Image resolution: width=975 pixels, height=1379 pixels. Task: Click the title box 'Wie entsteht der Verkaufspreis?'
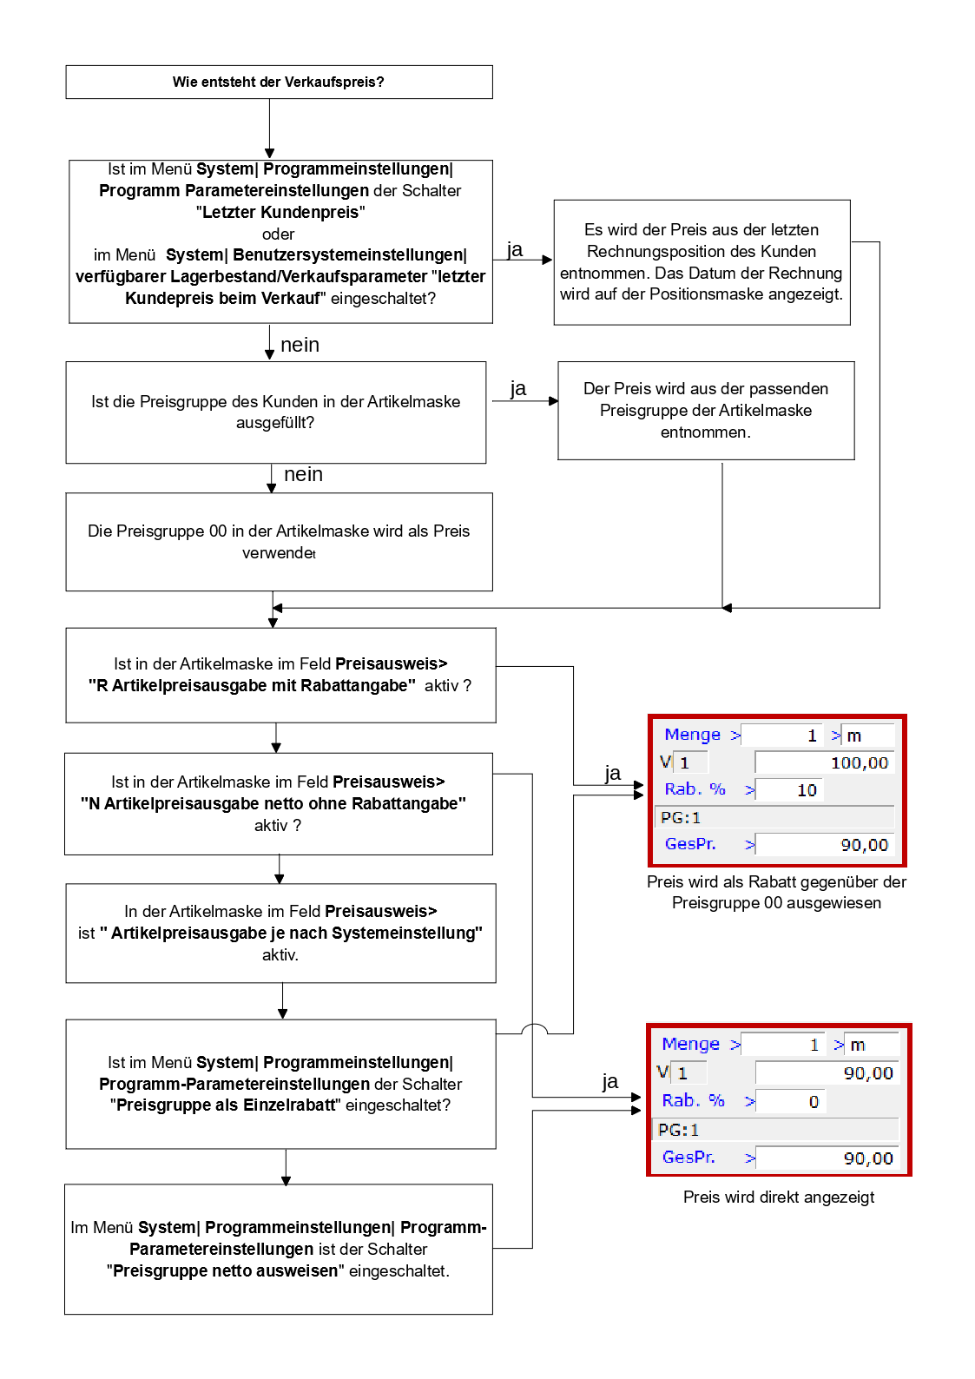coord(279,82)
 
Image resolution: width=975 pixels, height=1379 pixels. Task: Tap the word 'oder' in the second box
coord(278,234)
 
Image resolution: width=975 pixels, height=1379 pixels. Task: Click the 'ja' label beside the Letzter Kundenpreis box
coord(515,249)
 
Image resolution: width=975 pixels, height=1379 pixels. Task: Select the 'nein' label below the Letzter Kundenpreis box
coord(300,345)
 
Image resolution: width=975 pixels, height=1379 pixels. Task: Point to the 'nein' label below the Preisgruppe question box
coord(303,474)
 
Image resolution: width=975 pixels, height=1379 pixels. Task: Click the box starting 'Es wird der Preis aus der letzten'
coord(702,262)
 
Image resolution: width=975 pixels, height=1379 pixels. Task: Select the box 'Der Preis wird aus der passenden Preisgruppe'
coord(706,410)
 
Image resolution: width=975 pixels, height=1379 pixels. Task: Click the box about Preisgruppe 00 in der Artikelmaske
coord(279,541)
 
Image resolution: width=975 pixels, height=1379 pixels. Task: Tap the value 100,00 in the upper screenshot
coord(859,762)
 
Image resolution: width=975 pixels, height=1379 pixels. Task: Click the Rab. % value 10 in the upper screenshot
coord(807,789)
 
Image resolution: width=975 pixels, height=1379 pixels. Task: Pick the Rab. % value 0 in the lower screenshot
coord(814,1101)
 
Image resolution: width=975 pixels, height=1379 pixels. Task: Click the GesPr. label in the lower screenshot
coord(688,1157)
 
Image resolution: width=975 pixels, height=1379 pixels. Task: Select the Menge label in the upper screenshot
coord(692,735)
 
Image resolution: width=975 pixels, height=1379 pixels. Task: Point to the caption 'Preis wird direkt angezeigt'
coord(779,1197)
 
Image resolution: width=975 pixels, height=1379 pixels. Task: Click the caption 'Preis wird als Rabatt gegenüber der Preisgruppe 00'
coord(776,892)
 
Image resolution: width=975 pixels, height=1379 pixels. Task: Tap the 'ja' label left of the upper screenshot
coord(613,772)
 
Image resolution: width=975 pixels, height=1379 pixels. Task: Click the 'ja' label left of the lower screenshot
coord(610,1080)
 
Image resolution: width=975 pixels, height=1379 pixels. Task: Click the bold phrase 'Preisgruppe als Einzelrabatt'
coord(226,1105)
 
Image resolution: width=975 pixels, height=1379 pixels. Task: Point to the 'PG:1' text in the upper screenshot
coord(681,817)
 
